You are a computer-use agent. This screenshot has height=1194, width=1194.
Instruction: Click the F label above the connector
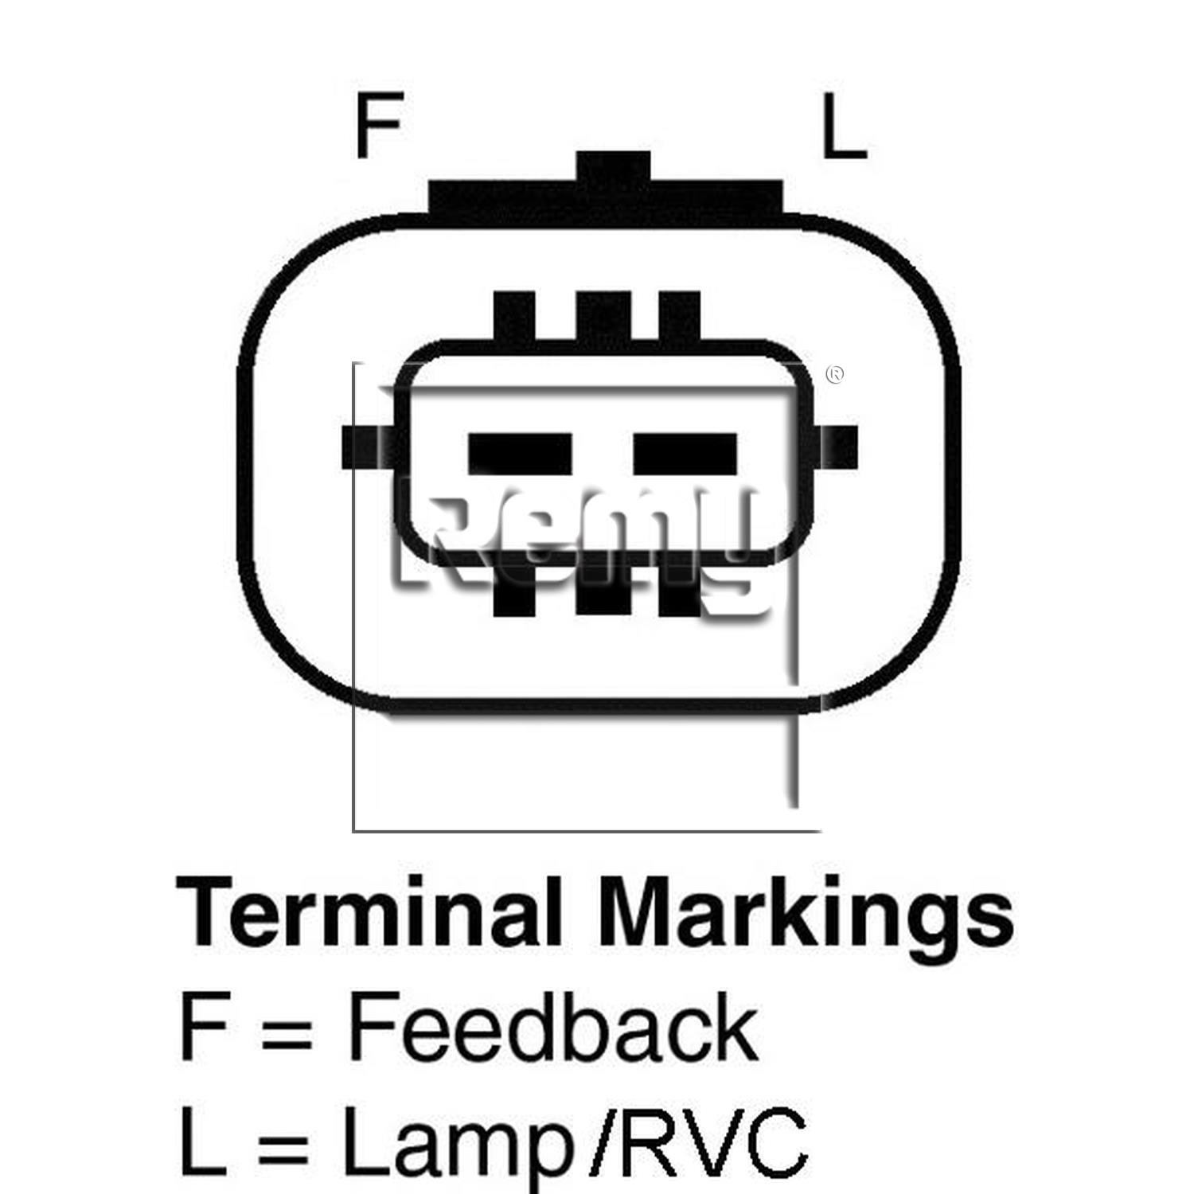pyautogui.click(x=379, y=125)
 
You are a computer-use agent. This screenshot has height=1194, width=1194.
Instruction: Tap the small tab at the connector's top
pyautogui.click(x=613, y=166)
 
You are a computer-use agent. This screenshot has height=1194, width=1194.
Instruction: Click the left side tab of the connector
pyautogui.click(x=368, y=447)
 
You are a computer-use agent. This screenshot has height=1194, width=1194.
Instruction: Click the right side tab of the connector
pyautogui.click(x=837, y=447)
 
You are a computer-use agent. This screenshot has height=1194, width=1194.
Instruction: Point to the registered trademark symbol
pyautogui.click(x=835, y=374)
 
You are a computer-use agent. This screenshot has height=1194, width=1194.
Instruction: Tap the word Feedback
pyautogui.click(x=552, y=1027)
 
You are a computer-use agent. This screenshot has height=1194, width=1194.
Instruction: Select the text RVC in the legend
pyautogui.click(x=713, y=1142)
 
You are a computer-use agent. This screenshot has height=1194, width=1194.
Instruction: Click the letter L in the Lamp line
pyautogui.click(x=204, y=1142)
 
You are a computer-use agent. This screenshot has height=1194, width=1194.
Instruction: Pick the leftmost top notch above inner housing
pyautogui.click(x=514, y=318)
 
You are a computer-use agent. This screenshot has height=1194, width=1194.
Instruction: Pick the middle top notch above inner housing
pyautogui.click(x=603, y=318)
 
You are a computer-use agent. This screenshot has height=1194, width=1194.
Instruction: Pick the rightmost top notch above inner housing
pyautogui.click(x=680, y=318)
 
